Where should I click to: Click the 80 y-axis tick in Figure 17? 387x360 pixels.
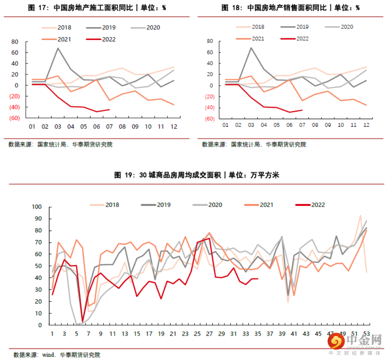(15, 42)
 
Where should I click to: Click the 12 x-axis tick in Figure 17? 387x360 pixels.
(174, 126)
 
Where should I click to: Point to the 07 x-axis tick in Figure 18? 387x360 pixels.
(302, 125)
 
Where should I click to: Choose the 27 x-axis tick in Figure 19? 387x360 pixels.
(209, 333)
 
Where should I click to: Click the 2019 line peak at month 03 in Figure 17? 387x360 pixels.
(58, 48)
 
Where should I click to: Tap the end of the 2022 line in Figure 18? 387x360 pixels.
(302, 110)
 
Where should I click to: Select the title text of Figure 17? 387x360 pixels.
(97, 8)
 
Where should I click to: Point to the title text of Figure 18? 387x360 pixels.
(290, 8)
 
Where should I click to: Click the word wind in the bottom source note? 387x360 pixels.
(48, 355)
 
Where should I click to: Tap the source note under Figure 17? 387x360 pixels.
(61, 145)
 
